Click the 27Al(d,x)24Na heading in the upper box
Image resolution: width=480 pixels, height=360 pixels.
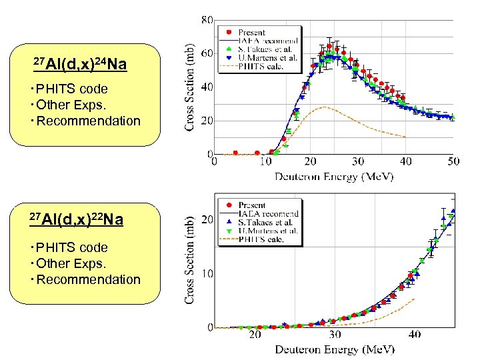pyautogui.click(x=79, y=65)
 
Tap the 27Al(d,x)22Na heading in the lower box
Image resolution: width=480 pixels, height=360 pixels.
pyautogui.click(x=76, y=219)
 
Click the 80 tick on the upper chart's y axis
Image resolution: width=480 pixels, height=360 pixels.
pyautogui.click(x=207, y=19)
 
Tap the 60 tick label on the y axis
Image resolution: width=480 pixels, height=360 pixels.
pyautogui.click(x=207, y=53)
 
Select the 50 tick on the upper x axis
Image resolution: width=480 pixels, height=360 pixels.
pyautogui.click(x=453, y=161)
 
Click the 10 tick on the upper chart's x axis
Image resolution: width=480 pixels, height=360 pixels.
pyautogui.click(x=265, y=161)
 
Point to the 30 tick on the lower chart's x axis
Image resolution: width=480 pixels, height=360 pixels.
pyautogui.click(x=335, y=335)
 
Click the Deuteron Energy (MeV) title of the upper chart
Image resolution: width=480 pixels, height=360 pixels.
pyautogui.click(x=335, y=177)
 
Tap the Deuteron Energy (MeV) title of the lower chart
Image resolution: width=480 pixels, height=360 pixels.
pyautogui.click(x=335, y=349)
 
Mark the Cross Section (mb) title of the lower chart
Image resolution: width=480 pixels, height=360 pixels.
pyautogui.click(x=191, y=260)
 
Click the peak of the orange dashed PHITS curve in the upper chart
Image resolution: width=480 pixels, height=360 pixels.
pyautogui.click(x=324, y=107)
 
